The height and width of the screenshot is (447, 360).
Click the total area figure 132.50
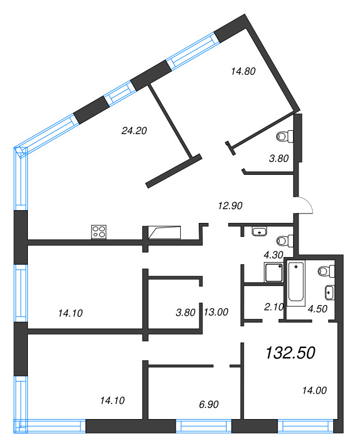tap(290, 353)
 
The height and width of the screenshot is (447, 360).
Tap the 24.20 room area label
tap(134, 131)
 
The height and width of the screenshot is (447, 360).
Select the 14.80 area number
tap(243, 72)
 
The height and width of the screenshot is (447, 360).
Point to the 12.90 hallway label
tap(230, 206)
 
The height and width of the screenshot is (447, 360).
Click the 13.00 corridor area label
tap(216, 312)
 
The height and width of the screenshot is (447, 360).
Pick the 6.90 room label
tap(209, 404)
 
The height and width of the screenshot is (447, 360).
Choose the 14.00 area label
tap(314, 390)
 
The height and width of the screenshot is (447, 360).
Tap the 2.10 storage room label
tap(274, 307)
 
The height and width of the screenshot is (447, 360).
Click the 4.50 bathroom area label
tap(318, 309)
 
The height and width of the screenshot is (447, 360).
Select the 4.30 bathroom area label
tap(273, 255)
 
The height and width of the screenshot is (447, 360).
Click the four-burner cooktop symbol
tap(99, 232)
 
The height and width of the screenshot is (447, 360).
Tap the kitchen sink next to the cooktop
tap(165, 232)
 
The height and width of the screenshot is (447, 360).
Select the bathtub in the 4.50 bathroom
tap(296, 282)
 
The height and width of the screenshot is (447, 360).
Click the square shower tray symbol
tap(273, 272)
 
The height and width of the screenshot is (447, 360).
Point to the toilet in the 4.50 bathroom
tap(327, 271)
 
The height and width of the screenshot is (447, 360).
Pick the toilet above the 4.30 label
tap(285, 241)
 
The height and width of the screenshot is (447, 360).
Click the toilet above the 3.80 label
tap(285, 136)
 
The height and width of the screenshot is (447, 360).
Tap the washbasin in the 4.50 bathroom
tap(329, 292)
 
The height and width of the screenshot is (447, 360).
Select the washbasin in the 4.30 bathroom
tap(260, 231)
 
